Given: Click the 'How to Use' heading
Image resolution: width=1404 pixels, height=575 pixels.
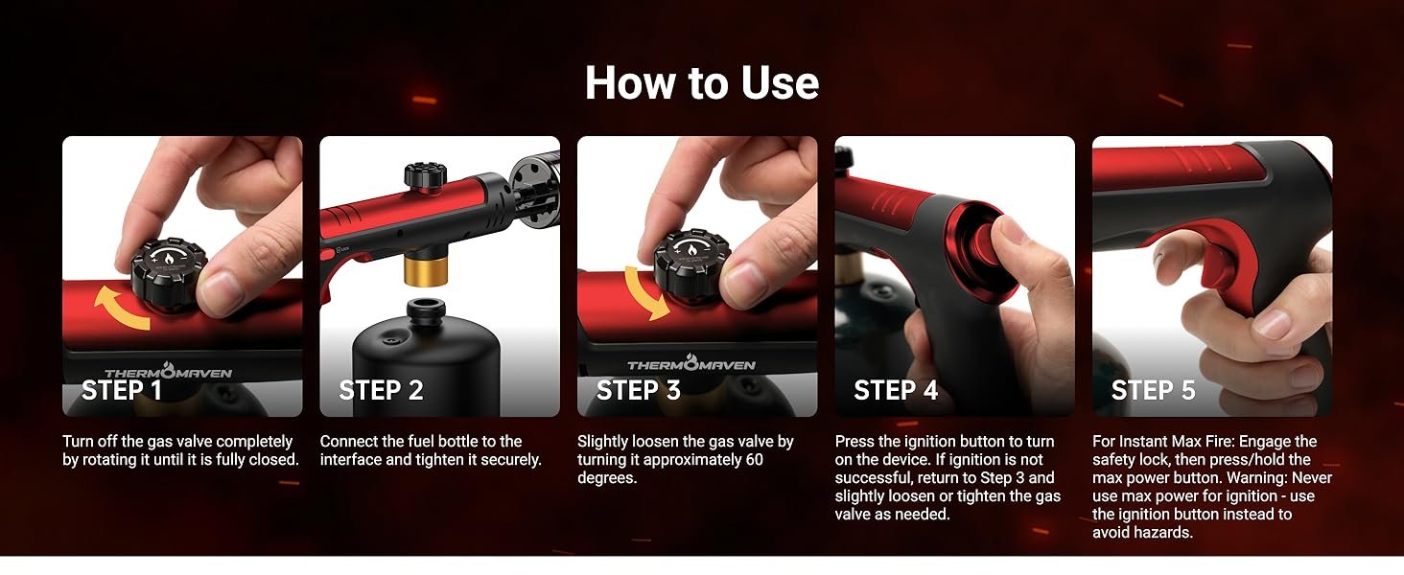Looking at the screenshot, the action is pyautogui.click(x=702, y=83).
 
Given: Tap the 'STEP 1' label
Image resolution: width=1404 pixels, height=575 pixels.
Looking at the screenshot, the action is pyautogui.click(x=122, y=390).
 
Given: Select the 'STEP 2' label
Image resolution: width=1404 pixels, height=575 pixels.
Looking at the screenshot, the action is pyautogui.click(x=381, y=390).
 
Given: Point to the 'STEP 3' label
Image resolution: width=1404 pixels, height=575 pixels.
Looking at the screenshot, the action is pyautogui.click(x=638, y=390).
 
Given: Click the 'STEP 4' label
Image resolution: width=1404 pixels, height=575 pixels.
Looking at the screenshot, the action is pyautogui.click(x=896, y=390).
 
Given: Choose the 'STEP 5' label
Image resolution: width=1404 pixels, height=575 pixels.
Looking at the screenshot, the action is pyautogui.click(x=1154, y=390).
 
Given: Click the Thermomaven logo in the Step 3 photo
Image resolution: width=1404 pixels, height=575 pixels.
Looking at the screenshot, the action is pyautogui.click(x=690, y=363).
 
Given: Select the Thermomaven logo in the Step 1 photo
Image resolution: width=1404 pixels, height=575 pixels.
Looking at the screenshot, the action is pyautogui.click(x=168, y=372).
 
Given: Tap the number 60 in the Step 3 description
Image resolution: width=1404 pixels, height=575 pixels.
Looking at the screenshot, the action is pyautogui.click(x=754, y=460).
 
